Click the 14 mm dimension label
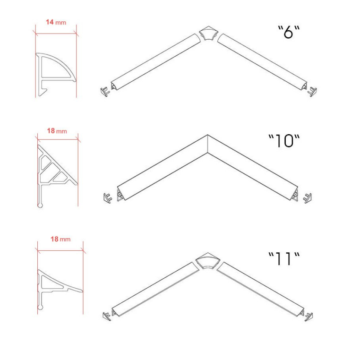tap(56, 22)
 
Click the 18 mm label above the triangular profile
tap(57, 131)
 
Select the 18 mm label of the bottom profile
tap(60, 239)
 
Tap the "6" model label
tap(289, 32)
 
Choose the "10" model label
tap(284, 141)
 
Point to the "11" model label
tap(284, 259)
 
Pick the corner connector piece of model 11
tap(208, 261)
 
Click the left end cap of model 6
tap(105, 91)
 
